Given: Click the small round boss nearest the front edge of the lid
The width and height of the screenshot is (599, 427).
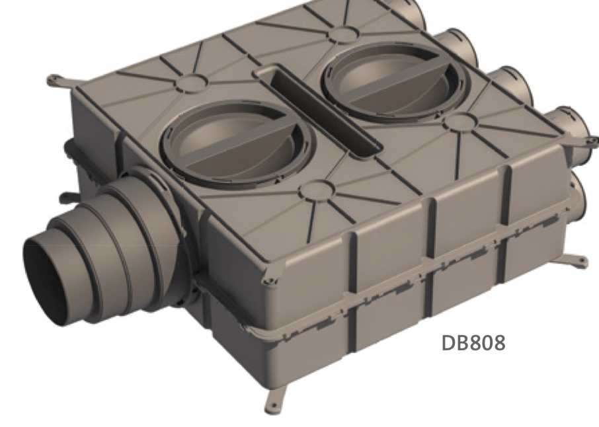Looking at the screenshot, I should pos(313,192).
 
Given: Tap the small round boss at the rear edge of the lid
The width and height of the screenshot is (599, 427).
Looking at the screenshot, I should pos(342,34).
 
